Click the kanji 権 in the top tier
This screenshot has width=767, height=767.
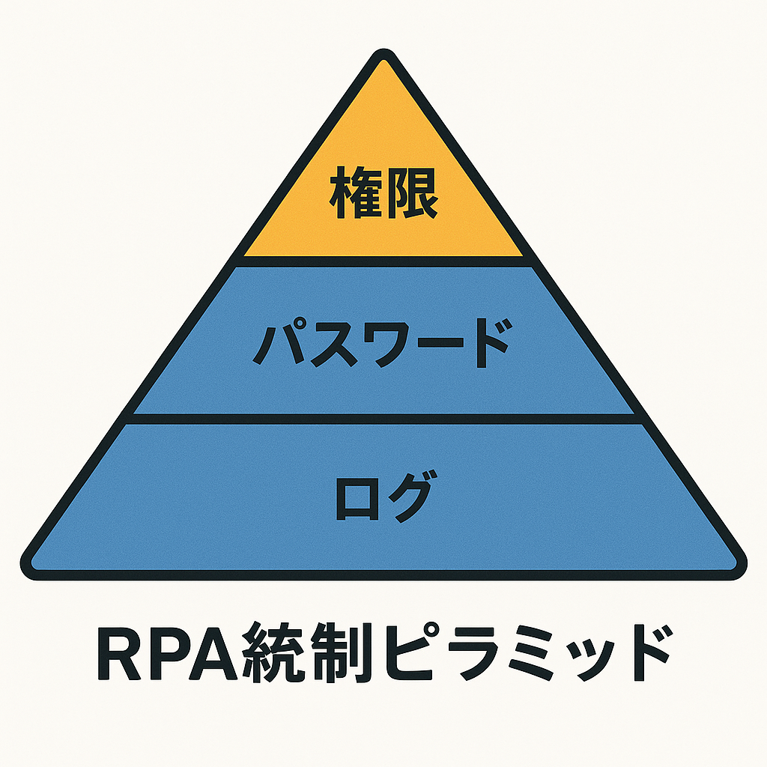coord(356,194)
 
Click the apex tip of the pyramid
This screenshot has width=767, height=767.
coord(383,57)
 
